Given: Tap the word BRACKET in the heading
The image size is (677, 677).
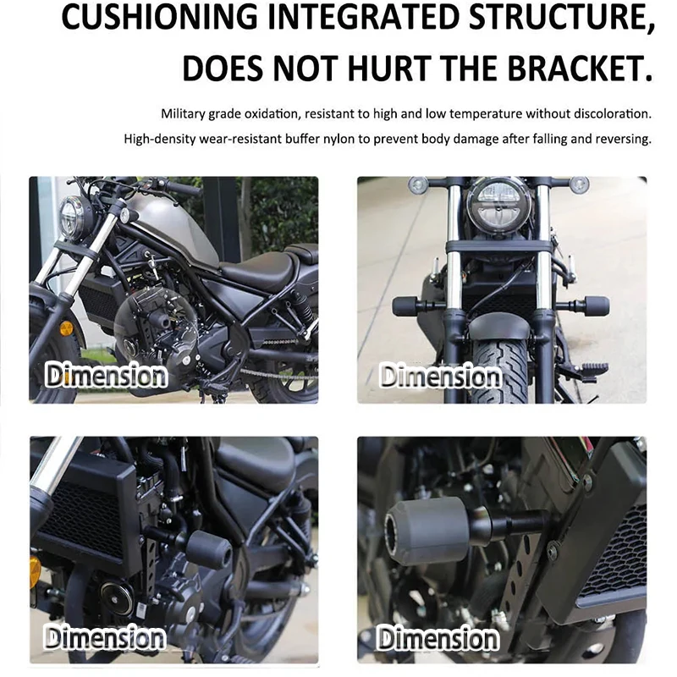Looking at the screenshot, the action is [579, 69].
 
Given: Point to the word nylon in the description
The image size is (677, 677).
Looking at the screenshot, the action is [337, 139].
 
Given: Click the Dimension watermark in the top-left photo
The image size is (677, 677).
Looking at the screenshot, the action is [106, 375].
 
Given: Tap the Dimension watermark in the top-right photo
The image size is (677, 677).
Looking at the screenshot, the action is [441, 376].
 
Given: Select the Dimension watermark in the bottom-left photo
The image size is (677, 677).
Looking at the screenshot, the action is [105, 637].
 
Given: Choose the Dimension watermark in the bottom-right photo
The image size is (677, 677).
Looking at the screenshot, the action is [438, 638].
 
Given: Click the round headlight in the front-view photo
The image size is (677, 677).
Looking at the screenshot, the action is [499, 207].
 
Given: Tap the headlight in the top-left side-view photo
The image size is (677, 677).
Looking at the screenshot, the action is [72, 218].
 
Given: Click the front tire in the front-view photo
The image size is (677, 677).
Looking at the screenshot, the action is [501, 367].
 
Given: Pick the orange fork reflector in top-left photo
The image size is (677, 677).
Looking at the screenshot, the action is [66, 328].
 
